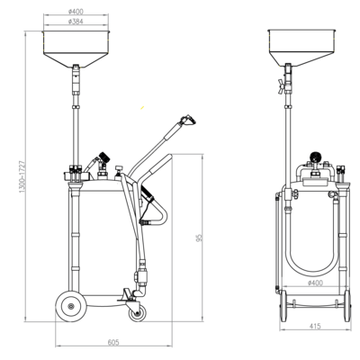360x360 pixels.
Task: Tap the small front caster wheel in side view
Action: [136, 311]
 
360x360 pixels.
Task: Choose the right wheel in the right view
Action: [341, 305]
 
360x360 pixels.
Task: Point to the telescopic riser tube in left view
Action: [75, 126]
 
